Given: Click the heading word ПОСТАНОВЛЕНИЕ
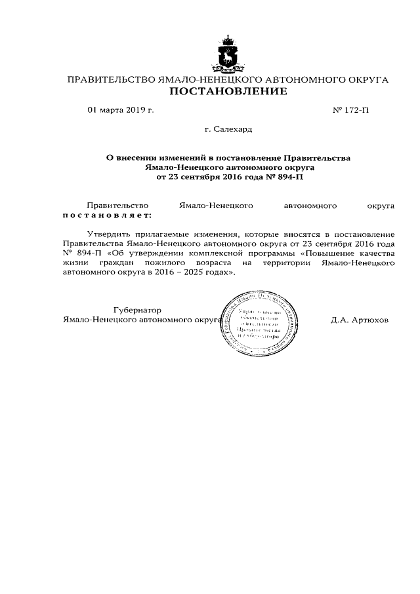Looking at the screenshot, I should [x=228, y=92].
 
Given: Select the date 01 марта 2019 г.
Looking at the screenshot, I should [x=121, y=110].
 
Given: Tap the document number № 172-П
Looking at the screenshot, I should [x=352, y=110].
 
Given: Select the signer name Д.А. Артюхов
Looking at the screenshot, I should [x=360, y=320].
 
